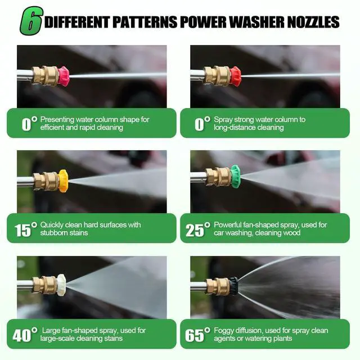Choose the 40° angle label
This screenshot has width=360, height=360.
coord(25,335)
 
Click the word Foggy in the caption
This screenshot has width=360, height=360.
coord(224,331)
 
